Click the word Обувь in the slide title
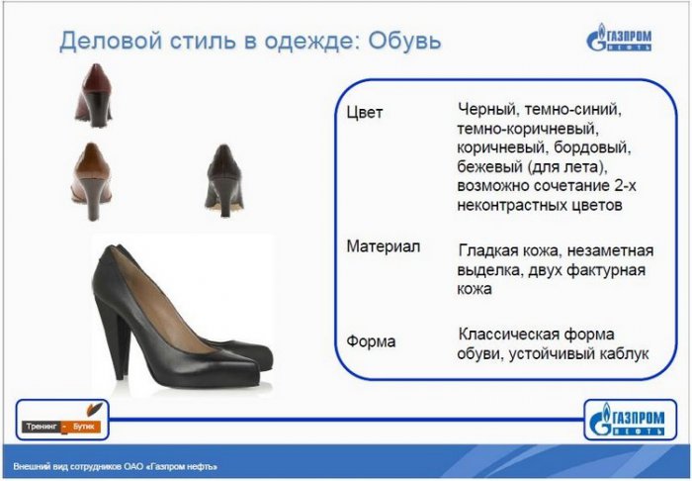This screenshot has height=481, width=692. point(404,41)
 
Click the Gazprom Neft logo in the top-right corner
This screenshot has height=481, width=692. point(619,38)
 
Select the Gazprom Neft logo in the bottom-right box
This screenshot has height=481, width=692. point(627,420)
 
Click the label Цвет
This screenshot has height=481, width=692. point(365,112)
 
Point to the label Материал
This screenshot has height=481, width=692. point(384,246)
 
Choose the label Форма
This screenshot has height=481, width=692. point(371,341)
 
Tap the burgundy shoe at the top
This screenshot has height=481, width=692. point(94,95)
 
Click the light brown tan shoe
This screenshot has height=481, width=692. point(92,181)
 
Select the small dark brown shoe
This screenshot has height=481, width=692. point(224,180)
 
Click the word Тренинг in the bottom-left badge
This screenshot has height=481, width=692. point(42,427)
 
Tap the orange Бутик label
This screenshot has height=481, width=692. point(83,427)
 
